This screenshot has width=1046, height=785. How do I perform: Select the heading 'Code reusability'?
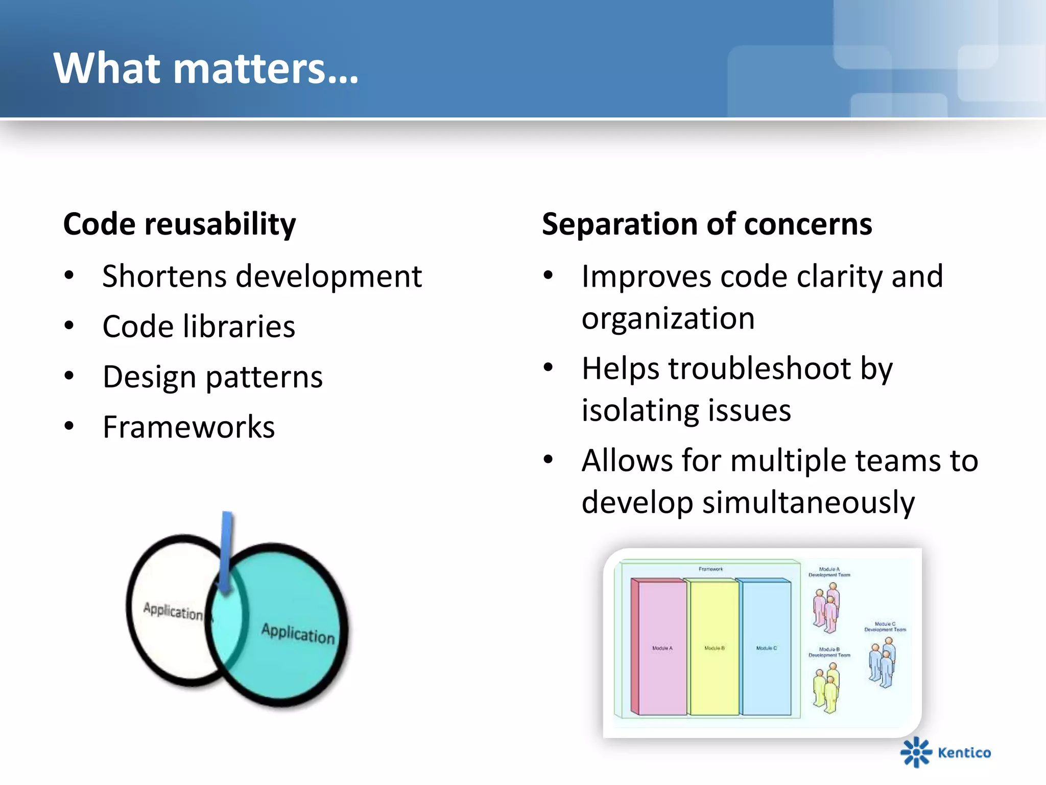[179, 224]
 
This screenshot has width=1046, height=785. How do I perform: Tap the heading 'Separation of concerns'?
[707, 224]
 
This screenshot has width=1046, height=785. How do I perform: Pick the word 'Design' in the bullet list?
[149, 377]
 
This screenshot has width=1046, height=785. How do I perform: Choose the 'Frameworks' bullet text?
[188, 427]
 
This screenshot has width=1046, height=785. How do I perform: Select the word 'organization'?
[668, 318]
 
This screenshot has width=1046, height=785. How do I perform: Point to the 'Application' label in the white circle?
[173, 611]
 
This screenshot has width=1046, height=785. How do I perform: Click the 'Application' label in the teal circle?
[298, 634]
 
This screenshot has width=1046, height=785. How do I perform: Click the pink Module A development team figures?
[826, 608]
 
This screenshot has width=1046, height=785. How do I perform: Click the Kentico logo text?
[964, 753]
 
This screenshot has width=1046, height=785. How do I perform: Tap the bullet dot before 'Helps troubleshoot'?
[548, 367]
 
